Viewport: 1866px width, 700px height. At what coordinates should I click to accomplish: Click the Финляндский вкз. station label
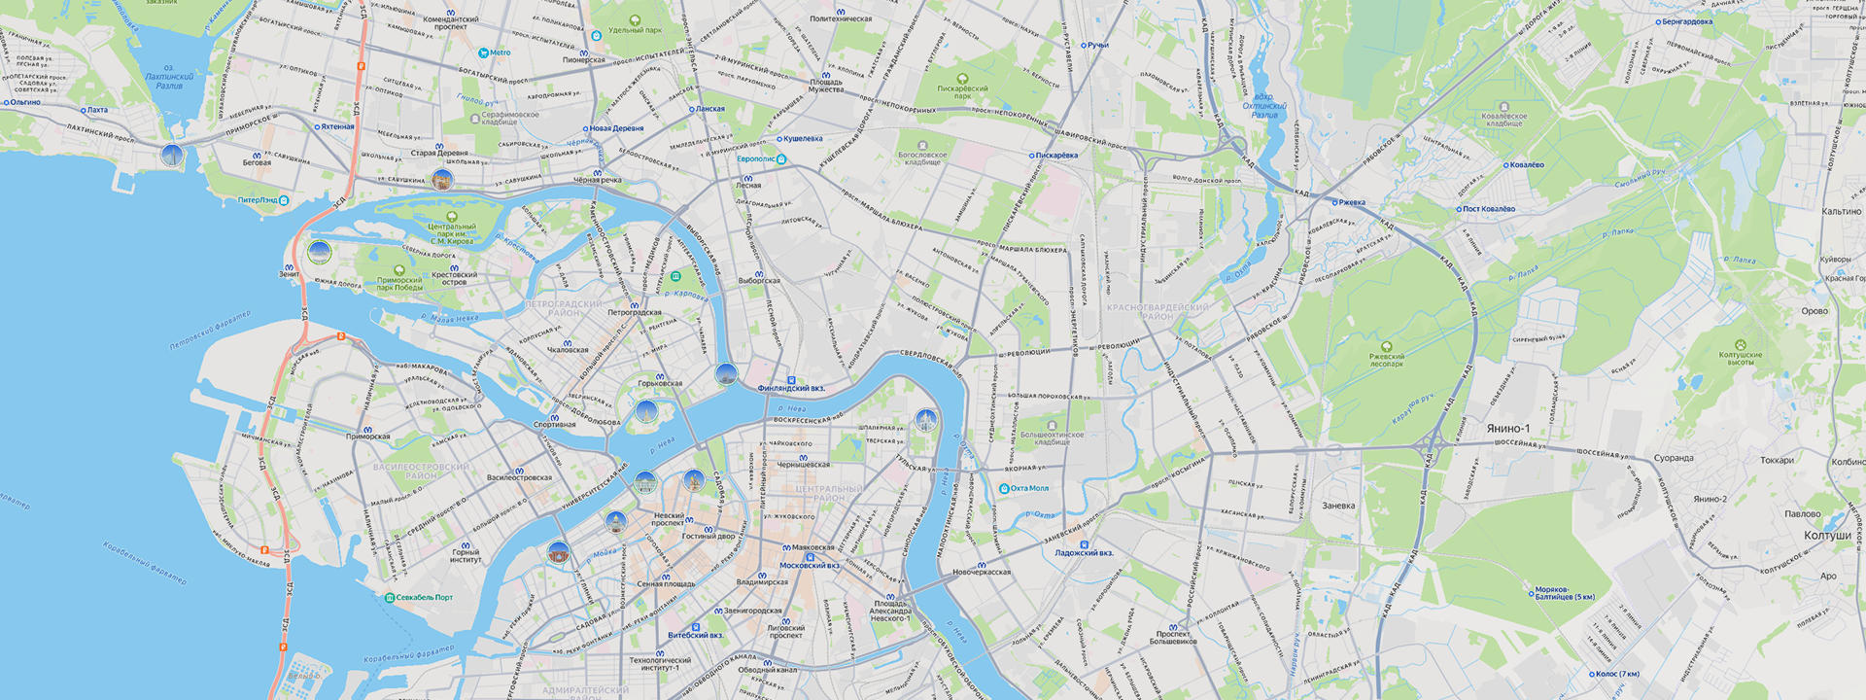point(791,388)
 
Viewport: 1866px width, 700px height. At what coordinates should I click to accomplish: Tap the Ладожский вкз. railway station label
point(1084,552)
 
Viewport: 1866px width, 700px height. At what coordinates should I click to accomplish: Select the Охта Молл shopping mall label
point(1029,488)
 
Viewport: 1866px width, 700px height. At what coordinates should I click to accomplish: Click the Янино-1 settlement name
point(1507,429)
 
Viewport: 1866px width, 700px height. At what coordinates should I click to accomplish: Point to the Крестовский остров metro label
point(454,278)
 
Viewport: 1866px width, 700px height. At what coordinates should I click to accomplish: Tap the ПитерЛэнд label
point(259,200)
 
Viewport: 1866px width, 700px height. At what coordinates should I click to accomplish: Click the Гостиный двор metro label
point(708,536)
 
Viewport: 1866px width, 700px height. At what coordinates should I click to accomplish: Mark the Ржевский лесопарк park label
point(1387,360)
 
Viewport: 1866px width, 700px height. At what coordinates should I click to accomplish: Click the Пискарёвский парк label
point(962,91)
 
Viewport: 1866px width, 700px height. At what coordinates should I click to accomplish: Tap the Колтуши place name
point(1827,536)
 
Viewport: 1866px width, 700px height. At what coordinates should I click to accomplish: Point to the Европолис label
point(756,158)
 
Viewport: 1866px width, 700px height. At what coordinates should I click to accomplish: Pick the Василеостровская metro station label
point(519,477)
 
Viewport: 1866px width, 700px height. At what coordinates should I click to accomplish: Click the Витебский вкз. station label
point(695,635)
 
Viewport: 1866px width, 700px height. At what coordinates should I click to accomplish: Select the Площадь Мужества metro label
point(826,86)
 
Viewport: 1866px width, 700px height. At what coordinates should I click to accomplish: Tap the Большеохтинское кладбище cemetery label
point(1052,437)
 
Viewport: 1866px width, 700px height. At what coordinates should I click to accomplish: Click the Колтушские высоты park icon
point(1740,345)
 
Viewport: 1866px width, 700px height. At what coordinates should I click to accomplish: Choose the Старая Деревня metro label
point(439,153)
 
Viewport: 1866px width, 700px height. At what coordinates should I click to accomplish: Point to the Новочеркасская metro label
point(982,572)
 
